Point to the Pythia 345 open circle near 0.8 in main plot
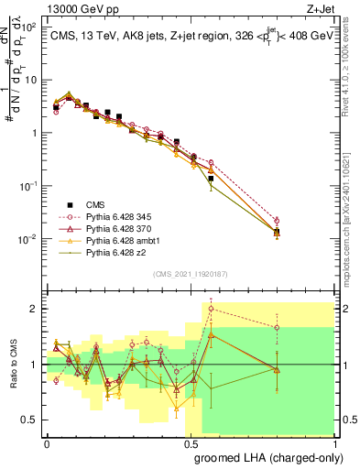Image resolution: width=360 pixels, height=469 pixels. point(277,220)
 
